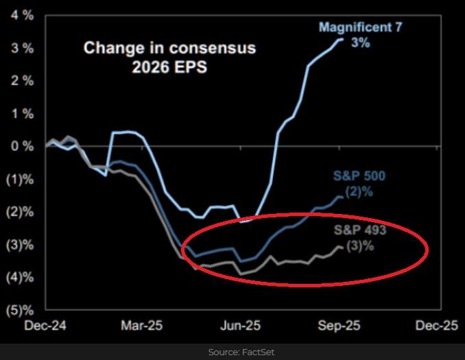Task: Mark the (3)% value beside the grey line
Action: point(361,245)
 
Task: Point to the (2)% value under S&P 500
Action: point(360,192)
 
